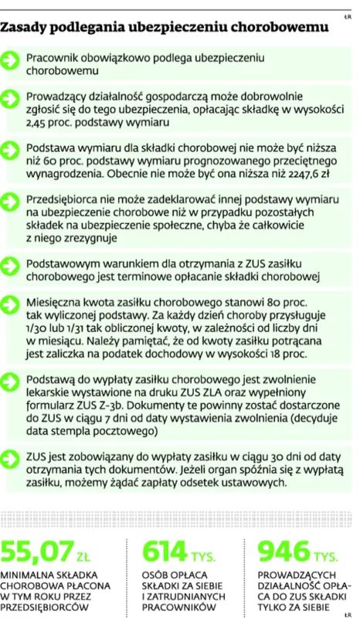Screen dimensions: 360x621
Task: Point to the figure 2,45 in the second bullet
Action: pyautogui.click(x=39, y=123)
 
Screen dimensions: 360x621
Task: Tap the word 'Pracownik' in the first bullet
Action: pyautogui.click(x=54, y=58)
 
